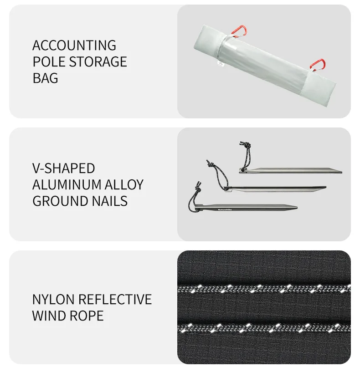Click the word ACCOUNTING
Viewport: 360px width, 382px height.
[x=74, y=46]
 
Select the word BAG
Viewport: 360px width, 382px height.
[x=46, y=78]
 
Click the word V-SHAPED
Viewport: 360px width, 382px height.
[x=64, y=168]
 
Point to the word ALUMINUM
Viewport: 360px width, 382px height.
[x=67, y=184]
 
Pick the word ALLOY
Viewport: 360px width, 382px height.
[x=124, y=184]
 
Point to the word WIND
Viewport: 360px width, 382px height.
[x=49, y=316]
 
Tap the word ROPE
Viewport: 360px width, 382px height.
[x=87, y=316]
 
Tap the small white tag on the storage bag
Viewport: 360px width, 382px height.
[x=221, y=64]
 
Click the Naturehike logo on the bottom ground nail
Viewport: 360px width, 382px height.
[x=225, y=209]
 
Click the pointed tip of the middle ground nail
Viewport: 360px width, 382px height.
[x=326, y=187]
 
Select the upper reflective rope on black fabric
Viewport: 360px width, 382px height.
[x=264, y=289]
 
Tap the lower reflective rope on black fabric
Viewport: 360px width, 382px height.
[x=264, y=328]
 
